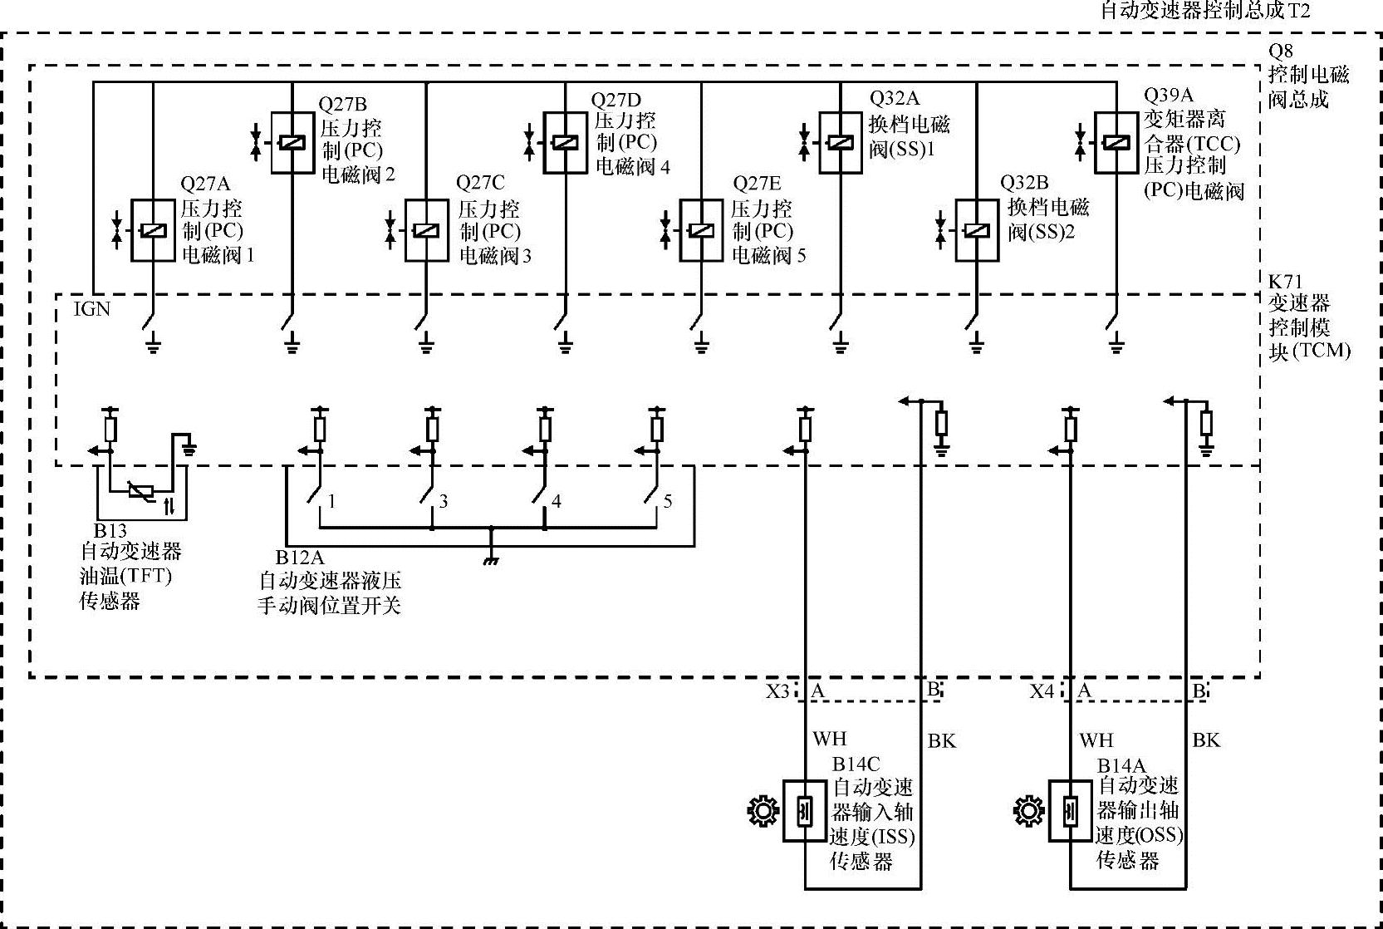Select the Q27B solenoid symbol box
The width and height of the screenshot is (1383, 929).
[292, 143]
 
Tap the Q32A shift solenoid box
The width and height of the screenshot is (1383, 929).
[841, 143]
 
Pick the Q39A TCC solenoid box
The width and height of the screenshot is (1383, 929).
[1116, 143]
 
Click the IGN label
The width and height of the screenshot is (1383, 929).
[92, 309]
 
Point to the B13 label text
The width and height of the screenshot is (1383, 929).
[110, 530]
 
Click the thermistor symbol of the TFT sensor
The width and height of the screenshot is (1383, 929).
[141, 492]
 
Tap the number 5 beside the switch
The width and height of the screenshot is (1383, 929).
[668, 501]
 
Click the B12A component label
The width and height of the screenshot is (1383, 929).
[300, 558]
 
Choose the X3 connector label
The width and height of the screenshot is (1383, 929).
[777, 691]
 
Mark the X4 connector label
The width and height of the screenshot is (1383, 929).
[1042, 691]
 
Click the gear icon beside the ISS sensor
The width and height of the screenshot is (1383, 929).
[763, 811]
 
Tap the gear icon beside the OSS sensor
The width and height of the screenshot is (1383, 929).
[1028, 811]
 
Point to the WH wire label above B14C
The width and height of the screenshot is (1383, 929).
[830, 739]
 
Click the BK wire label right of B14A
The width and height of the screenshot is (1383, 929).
[1206, 740]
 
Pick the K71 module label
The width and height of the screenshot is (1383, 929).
[1286, 282]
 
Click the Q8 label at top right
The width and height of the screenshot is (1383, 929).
[1281, 51]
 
